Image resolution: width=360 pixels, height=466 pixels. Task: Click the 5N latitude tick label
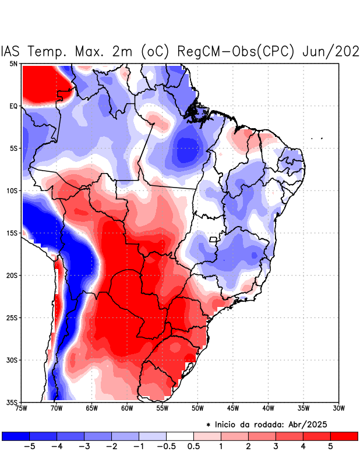pos(13,63)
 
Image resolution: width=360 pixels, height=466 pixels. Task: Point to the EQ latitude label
pos(13,106)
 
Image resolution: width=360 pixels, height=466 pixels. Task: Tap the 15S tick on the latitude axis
pos(12,233)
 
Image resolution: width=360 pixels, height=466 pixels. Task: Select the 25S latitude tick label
pos(12,317)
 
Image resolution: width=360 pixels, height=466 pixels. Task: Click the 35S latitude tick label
pos(12,402)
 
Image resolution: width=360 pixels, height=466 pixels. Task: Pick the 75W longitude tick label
pos(22,408)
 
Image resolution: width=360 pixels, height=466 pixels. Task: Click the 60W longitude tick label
pos(126,408)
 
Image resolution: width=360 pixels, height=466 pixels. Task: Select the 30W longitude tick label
pos(338,408)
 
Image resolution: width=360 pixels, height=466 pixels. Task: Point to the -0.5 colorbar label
pos(166,447)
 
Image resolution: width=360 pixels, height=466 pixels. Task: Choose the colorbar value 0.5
pos(194,447)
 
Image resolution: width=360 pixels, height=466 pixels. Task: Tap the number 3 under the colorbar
pos(276,447)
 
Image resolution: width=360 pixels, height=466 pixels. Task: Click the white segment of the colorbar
pos(180,436)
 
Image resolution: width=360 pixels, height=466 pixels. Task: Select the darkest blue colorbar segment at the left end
pos(16,436)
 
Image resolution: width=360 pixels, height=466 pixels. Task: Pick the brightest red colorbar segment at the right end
pos(344,436)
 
